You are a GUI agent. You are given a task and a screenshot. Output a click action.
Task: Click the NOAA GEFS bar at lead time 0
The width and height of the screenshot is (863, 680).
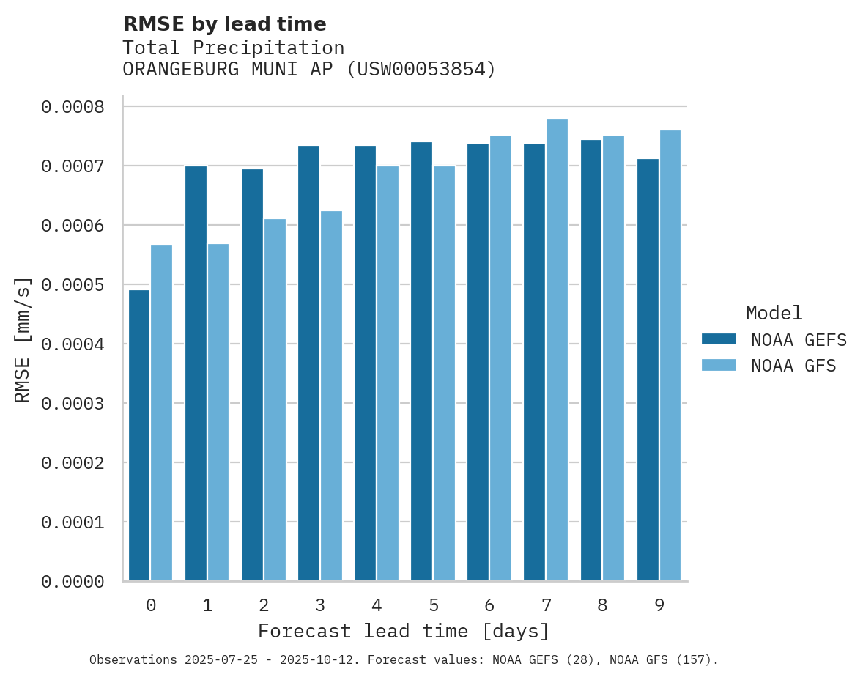click(139, 435)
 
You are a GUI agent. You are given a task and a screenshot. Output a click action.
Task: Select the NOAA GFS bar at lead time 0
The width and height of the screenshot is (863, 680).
click(162, 413)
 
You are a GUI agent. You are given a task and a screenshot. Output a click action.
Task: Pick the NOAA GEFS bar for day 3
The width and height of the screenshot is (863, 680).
click(308, 363)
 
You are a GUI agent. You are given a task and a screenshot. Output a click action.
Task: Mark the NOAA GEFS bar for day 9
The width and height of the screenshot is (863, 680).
click(648, 370)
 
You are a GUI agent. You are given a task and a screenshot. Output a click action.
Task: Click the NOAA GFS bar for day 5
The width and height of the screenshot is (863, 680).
click(444, 374)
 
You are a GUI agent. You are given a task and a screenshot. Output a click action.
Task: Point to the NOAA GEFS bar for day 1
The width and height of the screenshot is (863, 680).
click(196, 374)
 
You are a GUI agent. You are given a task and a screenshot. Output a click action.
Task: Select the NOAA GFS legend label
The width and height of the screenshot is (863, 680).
click(793, 366)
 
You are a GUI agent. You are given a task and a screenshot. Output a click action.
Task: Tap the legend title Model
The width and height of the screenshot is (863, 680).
click(774, 313)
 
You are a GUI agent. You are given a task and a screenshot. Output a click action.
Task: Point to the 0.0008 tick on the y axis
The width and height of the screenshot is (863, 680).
click(73, 108)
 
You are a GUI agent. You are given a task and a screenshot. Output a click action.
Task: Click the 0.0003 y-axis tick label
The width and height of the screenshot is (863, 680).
click(73, 404)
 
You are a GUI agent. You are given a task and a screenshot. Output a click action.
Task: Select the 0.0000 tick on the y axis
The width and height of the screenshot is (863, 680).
click(73, 582)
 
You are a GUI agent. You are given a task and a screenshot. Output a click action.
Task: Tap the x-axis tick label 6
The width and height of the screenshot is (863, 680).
click(489, 606)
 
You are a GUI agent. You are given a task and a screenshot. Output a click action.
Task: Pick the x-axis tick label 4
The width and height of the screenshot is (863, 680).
click(377, 606)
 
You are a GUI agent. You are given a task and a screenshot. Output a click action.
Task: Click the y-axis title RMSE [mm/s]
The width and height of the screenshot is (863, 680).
click(23, 339)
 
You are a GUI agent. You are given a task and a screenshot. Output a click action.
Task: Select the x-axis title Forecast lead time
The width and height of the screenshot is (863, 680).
click(403, 631)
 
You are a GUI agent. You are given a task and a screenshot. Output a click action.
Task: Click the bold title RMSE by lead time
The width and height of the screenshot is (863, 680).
click(224, 24)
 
